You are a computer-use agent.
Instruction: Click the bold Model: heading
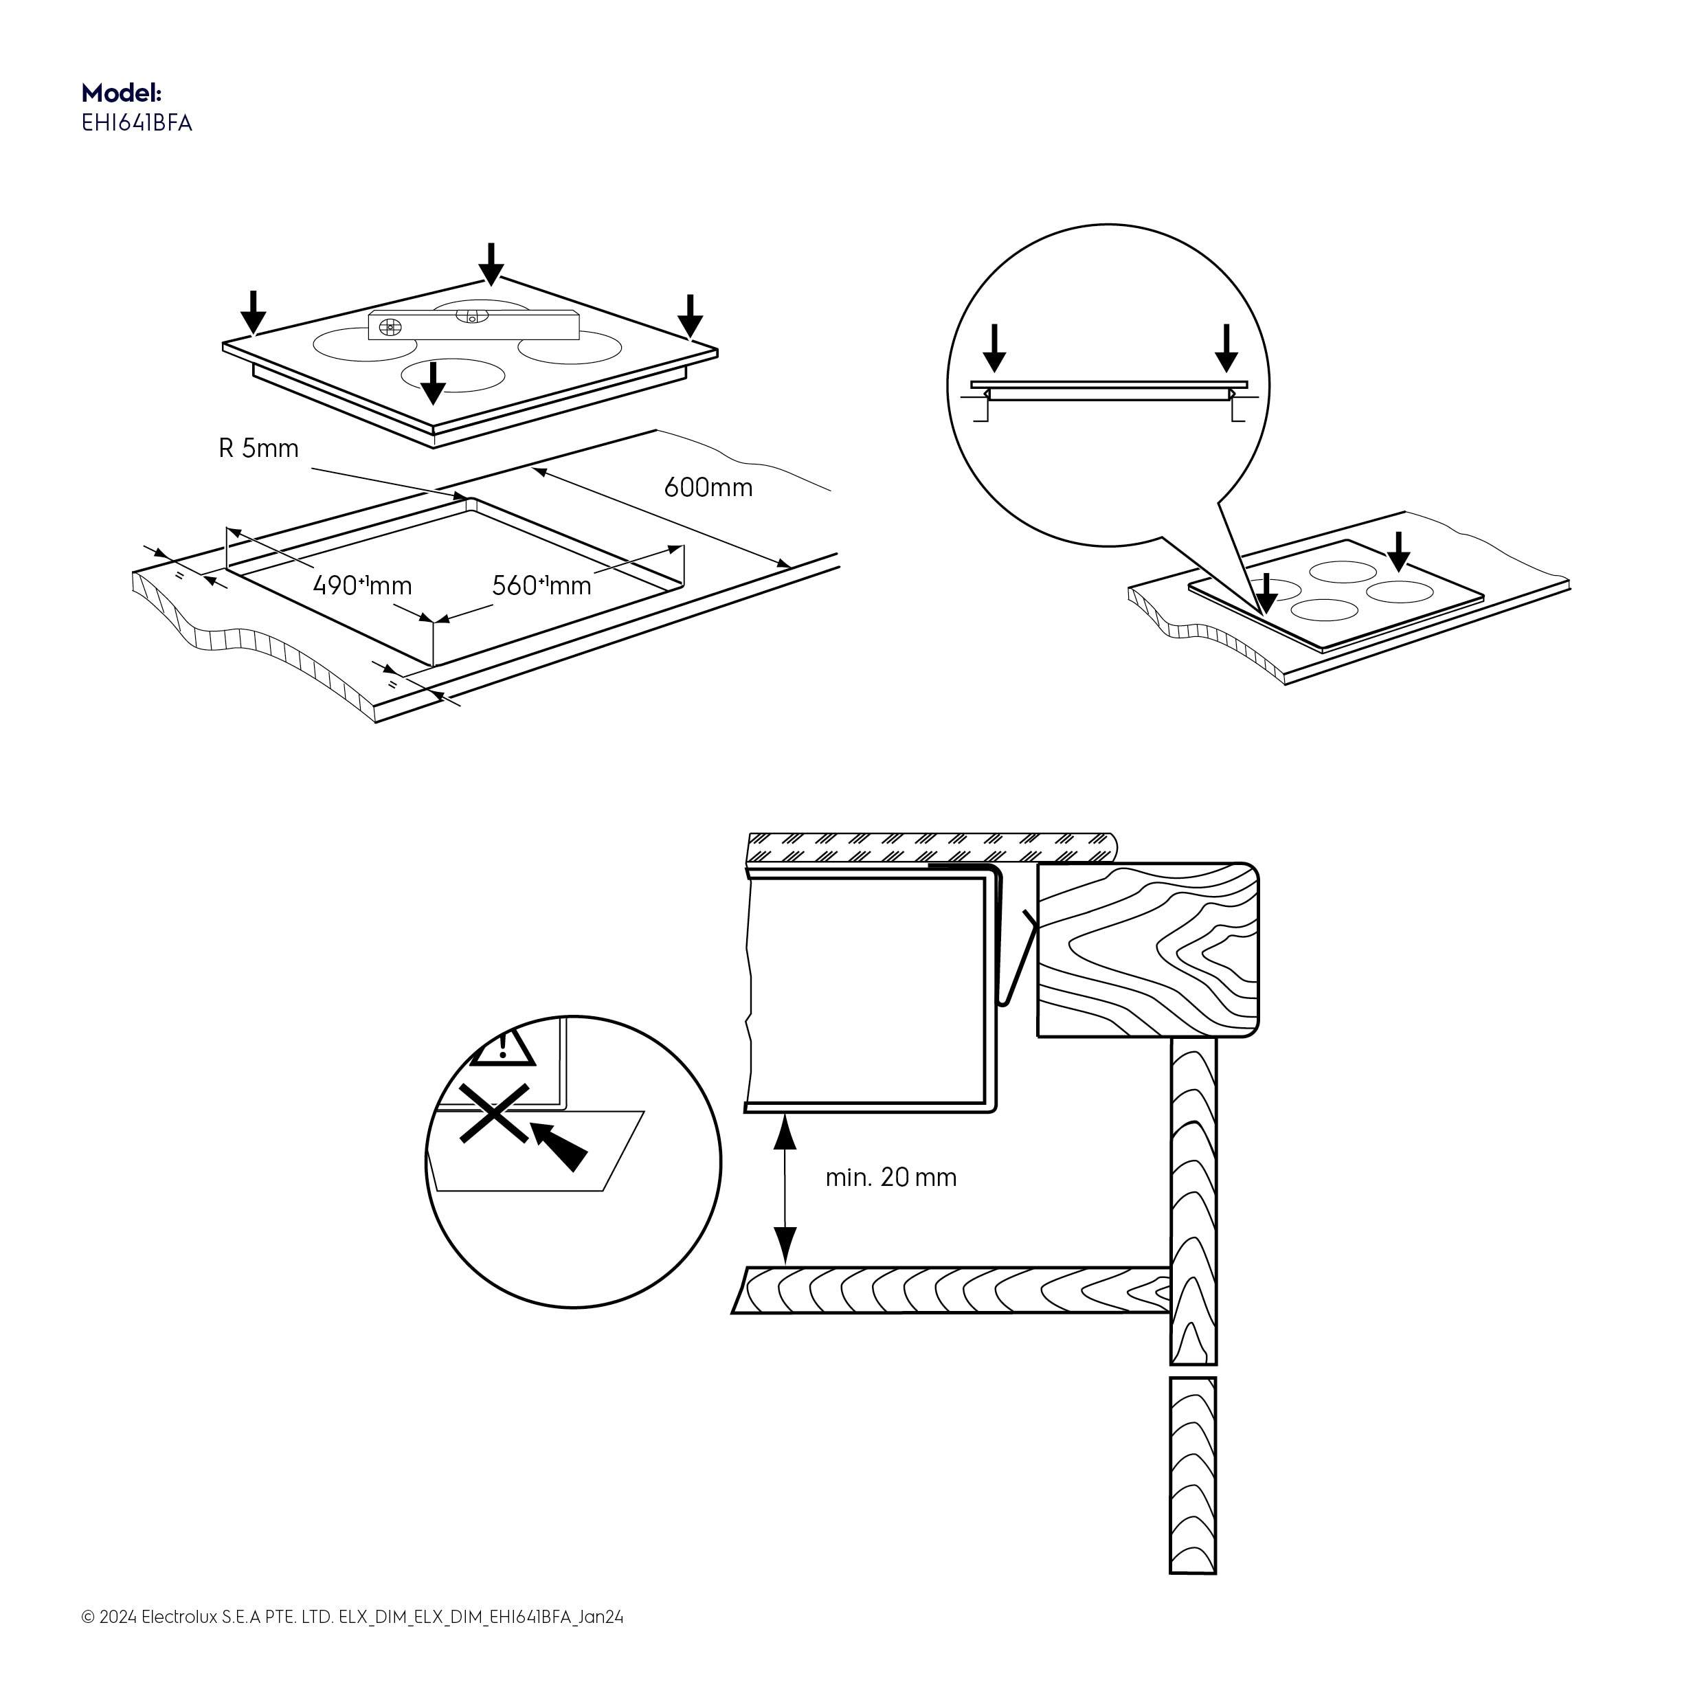121,93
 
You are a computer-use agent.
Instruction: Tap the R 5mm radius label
258,449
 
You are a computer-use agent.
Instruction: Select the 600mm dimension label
708,488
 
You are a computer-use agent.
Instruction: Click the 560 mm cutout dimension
541,585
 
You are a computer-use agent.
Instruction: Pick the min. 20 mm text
890,1178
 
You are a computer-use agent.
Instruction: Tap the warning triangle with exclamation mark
504,1048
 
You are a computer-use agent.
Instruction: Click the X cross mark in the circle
494,1114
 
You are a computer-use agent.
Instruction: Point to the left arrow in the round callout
994,348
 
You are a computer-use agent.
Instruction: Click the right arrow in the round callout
1226,348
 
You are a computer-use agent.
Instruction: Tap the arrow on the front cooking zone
432,382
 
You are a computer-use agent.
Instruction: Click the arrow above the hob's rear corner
491,264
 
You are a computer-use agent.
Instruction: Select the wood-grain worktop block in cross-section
1147,950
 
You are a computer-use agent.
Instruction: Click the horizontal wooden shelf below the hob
952,1291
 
